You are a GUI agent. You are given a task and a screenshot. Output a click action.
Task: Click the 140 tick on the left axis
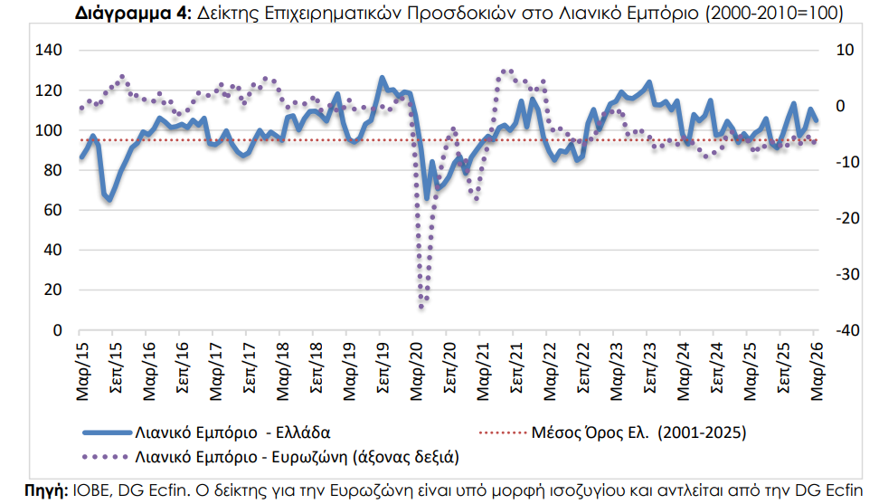coord(49,50)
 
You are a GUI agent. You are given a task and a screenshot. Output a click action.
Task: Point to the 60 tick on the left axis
coord(52,210)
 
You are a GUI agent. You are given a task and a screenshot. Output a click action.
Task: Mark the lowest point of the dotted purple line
coord(421,307)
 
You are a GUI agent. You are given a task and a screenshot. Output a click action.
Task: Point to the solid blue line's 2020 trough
coord(427,198)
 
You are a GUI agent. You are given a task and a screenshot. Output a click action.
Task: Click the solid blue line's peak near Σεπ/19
coord(382,78)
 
